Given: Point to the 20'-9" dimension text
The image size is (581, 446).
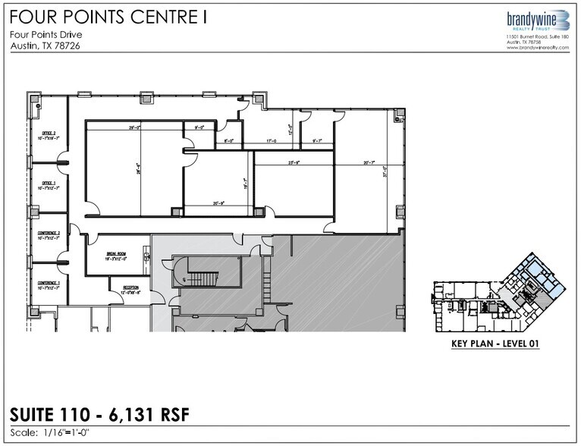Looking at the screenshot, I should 220,203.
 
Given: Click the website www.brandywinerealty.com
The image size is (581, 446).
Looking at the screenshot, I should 537,48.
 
